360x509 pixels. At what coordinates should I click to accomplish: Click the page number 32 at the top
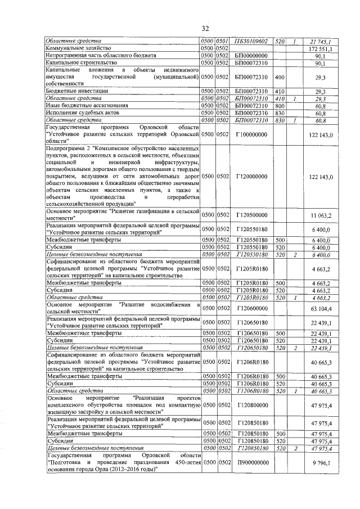click(205, 29)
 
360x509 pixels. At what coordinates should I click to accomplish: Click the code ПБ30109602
click(251, 42)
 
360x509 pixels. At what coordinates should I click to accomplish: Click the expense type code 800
click(278, 105)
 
